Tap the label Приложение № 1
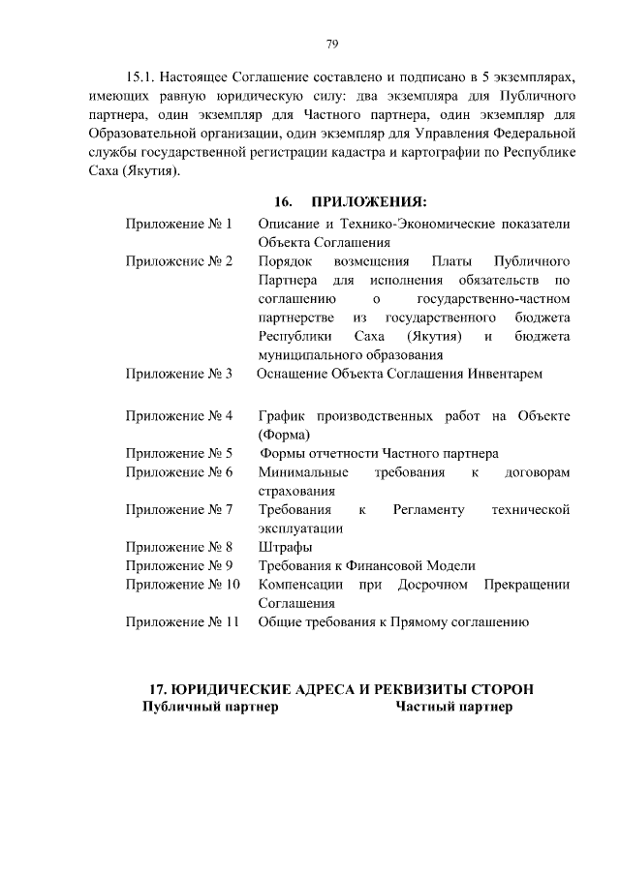(178, 224)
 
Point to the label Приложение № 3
(178, 374)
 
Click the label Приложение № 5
(178, 453)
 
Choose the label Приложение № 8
(178, 548)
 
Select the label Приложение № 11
(182, 622)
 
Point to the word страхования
(296, 491)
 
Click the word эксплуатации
(300, 529)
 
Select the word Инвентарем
(503, 374)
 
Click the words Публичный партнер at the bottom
(210, 708)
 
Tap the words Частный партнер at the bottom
(453, 708)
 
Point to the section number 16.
(283, 201)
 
